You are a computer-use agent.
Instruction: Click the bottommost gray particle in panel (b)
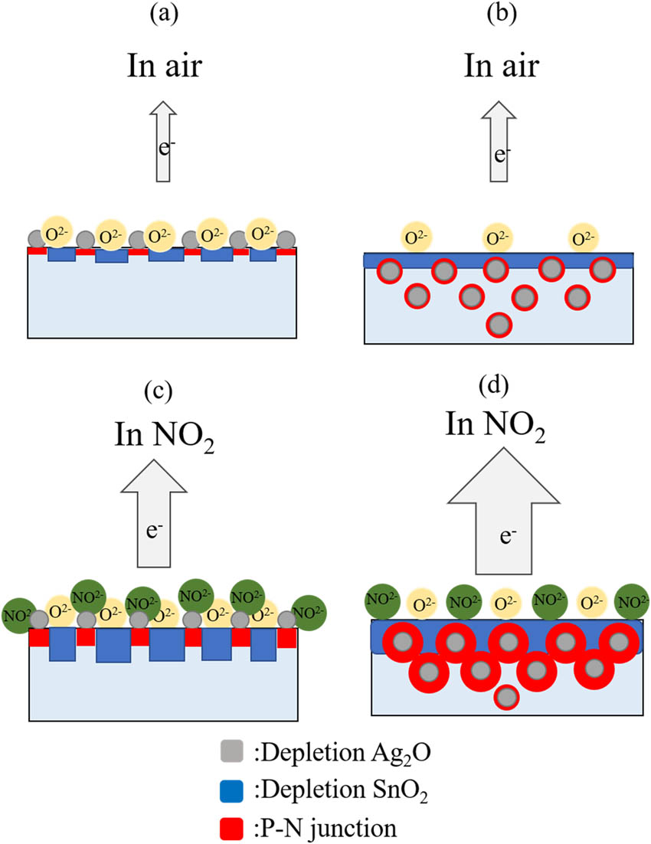(x=499, y=325)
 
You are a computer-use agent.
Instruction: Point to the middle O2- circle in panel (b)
(x=497, y=237)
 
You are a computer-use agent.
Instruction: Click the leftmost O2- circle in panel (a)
(x=57, y=231)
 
